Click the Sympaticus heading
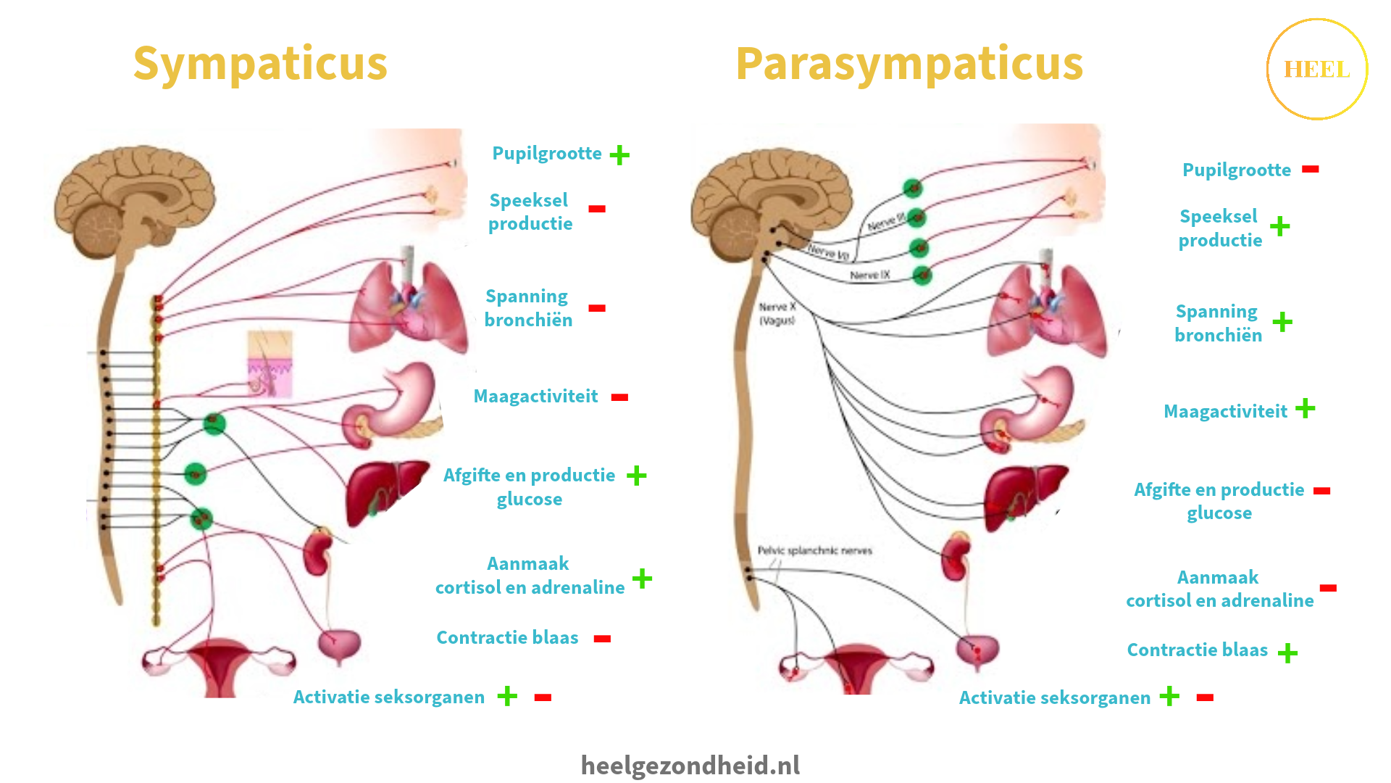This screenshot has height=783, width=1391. point(260,64)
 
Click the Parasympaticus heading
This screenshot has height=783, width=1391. point(908,64)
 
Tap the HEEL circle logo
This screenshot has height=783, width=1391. point(1316,70)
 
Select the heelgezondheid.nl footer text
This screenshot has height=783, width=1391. point(690,765)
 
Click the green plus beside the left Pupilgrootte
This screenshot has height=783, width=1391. point(619,154)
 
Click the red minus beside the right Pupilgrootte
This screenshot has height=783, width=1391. point(1310,170)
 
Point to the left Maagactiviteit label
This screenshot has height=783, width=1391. point(535,397)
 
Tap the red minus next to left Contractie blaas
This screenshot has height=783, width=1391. point(602,639)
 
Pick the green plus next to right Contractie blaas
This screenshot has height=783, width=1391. point(1287,653)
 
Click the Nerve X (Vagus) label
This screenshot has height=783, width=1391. point(777,313)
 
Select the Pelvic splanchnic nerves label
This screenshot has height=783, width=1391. point(814,550)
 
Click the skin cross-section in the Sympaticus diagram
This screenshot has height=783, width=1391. point(270,364)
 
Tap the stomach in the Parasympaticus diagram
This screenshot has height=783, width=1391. point(1032,410)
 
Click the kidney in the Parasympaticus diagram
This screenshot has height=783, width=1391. point(956,555)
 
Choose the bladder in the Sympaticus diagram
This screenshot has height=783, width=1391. point(339,645)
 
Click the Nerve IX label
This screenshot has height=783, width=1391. point(869,275)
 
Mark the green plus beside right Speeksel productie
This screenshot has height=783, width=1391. point(1279,226)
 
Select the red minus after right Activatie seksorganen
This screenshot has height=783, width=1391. point(1205,697)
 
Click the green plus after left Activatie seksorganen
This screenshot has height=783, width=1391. point(507,697)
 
